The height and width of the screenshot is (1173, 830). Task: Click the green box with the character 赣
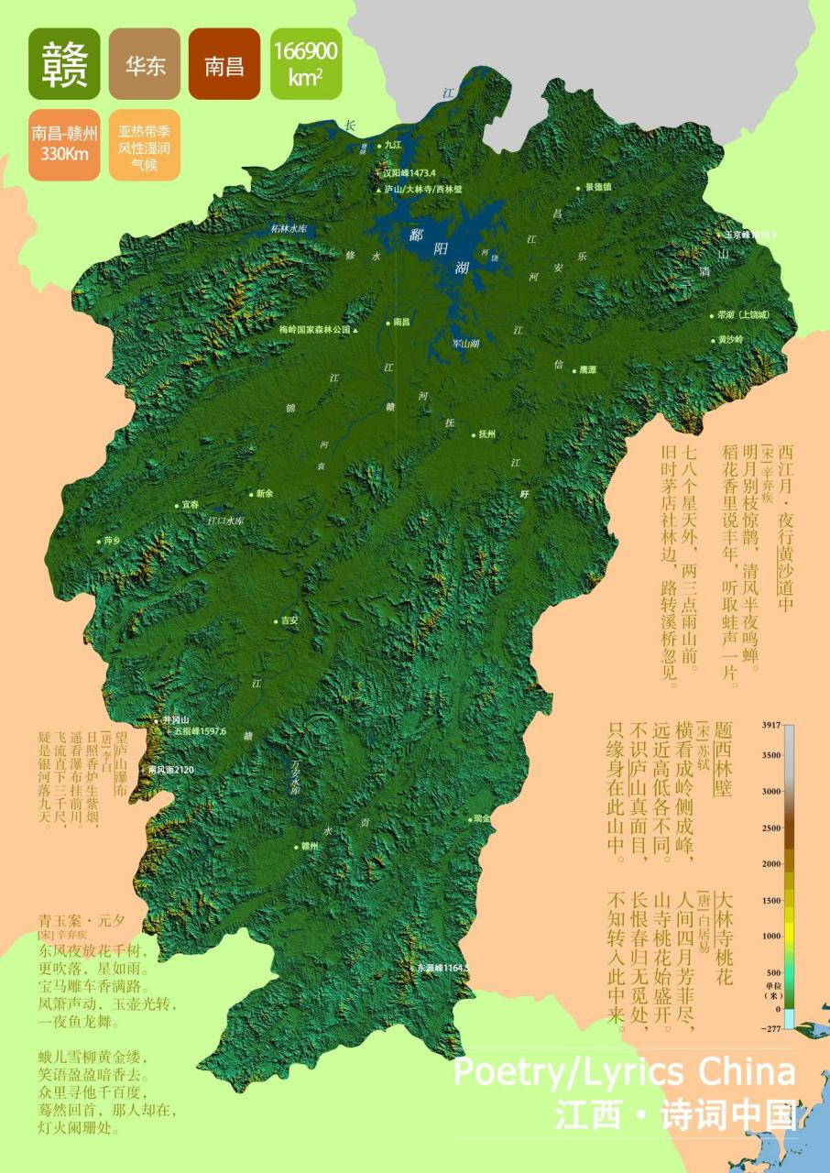pos(64,64)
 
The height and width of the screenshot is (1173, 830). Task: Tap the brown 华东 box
pos(145,64)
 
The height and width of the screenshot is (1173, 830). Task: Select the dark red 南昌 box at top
pos(224,64)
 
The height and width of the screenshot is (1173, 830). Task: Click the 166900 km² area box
pos(305,64)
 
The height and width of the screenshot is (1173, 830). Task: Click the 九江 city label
pos(393,144)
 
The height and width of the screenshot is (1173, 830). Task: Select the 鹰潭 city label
pos(587,370)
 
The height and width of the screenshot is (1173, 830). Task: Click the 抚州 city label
pos(486,434)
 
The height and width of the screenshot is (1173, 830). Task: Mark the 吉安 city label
pos(289,620)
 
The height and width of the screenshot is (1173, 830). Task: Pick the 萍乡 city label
pos(112,541)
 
